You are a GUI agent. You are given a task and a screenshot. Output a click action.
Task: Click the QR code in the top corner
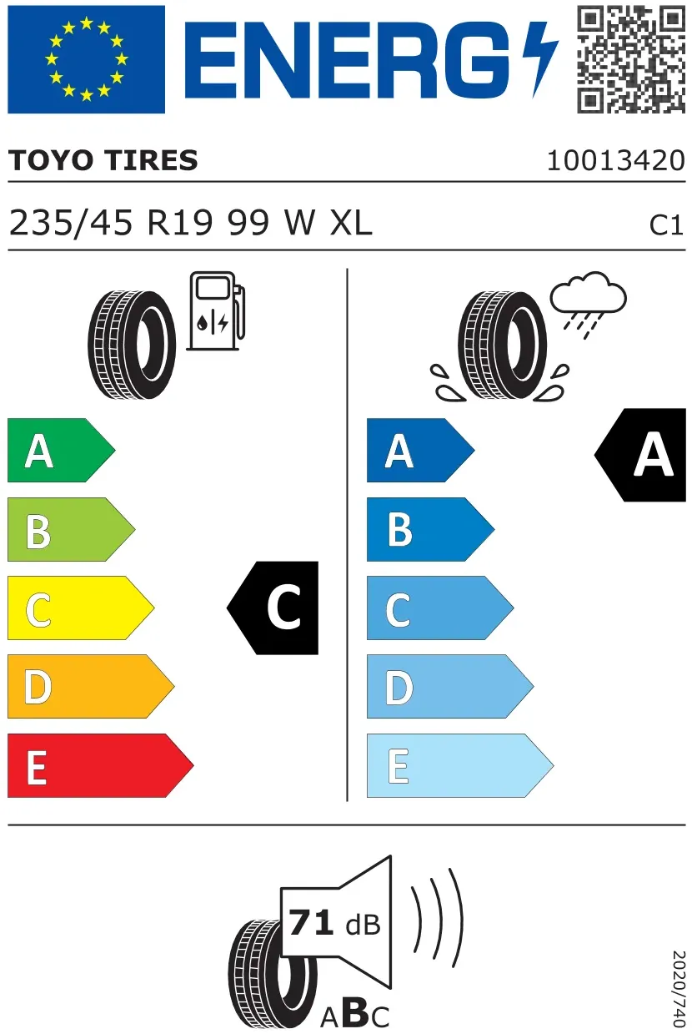(x=630, y=59)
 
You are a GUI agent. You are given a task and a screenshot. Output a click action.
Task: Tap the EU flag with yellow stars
(x=86, y=59)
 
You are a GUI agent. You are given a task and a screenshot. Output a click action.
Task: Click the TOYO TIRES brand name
(x=103, y=160)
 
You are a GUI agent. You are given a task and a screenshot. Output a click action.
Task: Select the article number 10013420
(x=616, y=160)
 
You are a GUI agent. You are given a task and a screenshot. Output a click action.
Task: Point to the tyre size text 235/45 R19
(x=111, y=223)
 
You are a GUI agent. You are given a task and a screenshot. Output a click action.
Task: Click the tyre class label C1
(x=666, y=225)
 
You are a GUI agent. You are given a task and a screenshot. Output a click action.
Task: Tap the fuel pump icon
(x=216, y=311)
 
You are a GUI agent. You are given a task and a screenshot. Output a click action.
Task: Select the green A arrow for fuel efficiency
(x=62, y=450)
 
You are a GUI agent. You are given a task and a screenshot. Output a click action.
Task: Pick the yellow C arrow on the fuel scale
(x=81, y=608)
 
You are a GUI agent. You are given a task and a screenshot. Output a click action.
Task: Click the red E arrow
(x=101, y=765)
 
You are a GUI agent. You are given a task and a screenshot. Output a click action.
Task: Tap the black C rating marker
(x=273, y=608)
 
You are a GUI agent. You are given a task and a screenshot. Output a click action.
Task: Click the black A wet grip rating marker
(x=640, y=455)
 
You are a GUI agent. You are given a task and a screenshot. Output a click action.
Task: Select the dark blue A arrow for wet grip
(x=420, y=450)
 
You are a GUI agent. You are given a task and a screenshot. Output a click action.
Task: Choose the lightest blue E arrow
(x=460, y=765)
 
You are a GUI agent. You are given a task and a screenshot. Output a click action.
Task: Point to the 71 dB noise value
(x=334, y=923)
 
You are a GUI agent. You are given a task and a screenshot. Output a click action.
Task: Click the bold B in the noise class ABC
(x=355, y=1013)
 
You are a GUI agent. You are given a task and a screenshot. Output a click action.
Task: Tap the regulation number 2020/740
(x=679, y=989)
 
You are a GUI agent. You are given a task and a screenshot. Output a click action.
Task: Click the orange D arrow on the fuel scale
(x=91, y=686)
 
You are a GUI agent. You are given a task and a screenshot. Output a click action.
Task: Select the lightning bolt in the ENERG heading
(x=540, y=59)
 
